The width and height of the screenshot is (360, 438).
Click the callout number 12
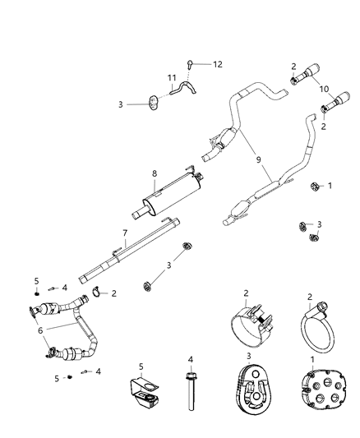218,64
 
